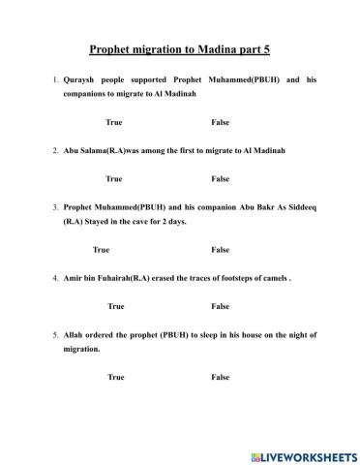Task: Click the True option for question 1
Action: click(114, 122)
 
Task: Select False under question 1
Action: click(220, 122)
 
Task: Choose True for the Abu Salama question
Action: click(114, 178)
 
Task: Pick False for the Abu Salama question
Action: click(220, 178)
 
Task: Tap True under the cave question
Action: click(101, 249)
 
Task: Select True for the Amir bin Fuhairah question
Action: click(116, 306)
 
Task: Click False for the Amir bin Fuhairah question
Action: click(220, 306)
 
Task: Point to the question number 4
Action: click(56, 278)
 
